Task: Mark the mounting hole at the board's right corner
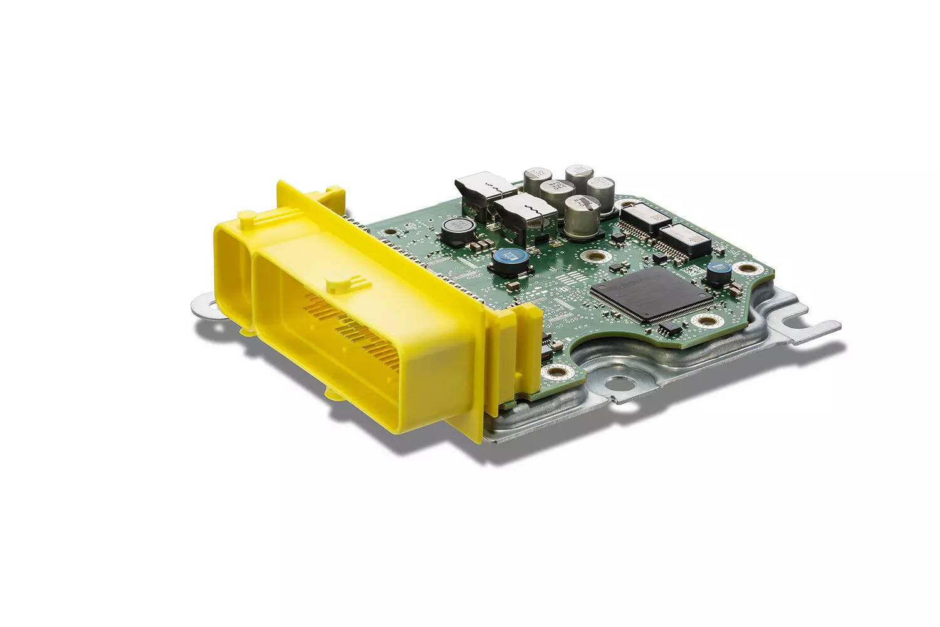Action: point(746,268)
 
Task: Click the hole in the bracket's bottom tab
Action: point(619,381)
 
